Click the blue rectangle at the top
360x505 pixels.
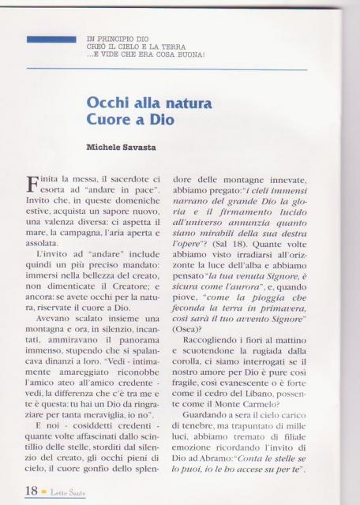tap(51, 39)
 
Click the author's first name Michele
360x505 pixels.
tap(104, 148)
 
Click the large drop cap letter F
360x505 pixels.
tap(31, 185)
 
